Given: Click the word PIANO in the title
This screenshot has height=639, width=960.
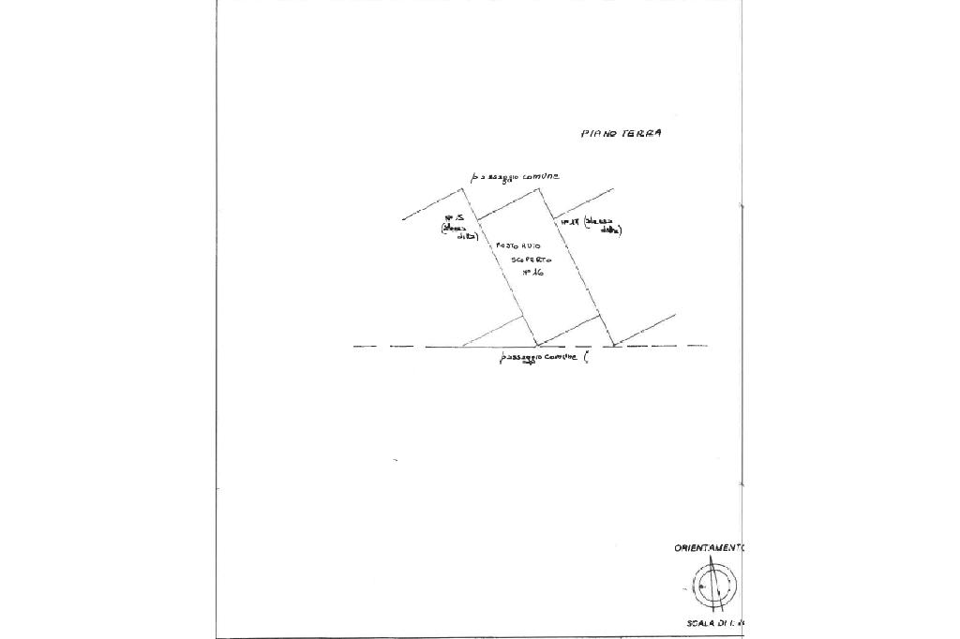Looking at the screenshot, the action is tap(596, 134).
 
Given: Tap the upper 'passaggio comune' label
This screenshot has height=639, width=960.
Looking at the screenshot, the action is tap(516, 177).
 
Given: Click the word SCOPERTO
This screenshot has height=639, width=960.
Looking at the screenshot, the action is tap(531, 258).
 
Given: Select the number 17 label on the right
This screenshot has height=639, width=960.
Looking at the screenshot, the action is tap(567, 222).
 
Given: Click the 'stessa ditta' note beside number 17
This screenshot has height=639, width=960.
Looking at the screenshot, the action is tap(604, 225).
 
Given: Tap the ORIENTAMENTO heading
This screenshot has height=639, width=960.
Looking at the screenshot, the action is tap(708, 548).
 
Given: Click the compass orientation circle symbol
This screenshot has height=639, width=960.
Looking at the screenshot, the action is tap(714, 587).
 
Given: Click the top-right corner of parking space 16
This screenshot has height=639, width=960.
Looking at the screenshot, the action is tap(538, 188).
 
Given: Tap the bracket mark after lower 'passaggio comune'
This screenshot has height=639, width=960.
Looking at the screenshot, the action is tap(585, 357).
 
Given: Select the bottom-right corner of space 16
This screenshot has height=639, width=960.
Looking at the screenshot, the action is tap(600, 314).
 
